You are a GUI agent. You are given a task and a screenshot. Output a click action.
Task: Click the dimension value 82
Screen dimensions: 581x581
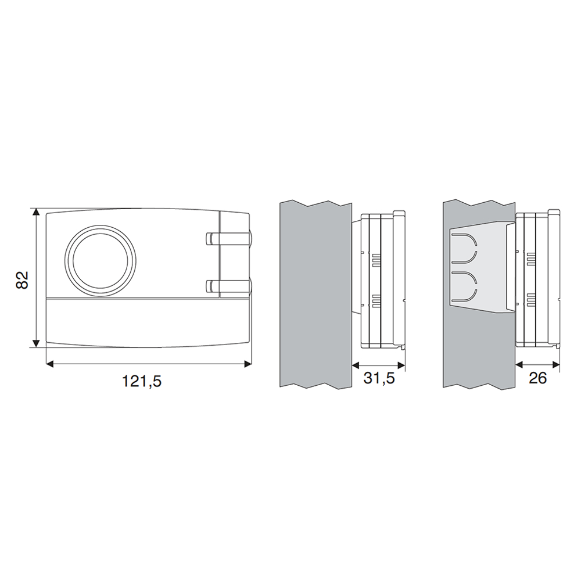click(x=22, y=280)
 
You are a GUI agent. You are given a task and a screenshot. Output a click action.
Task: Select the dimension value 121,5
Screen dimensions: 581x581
click(x=142, y=381)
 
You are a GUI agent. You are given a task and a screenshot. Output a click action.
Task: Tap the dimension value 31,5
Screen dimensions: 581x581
click(x=379, y=378)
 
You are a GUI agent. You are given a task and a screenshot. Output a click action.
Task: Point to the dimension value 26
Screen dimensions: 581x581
click(x=537, y=378)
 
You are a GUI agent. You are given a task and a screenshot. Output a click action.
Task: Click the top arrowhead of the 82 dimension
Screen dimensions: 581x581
click(x=36, y=211)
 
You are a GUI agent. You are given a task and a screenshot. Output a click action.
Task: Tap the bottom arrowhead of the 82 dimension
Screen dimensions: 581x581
click(x=36, y=343)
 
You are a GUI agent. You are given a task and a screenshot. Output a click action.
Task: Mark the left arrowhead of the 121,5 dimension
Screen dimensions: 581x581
click(x=50, y=364)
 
